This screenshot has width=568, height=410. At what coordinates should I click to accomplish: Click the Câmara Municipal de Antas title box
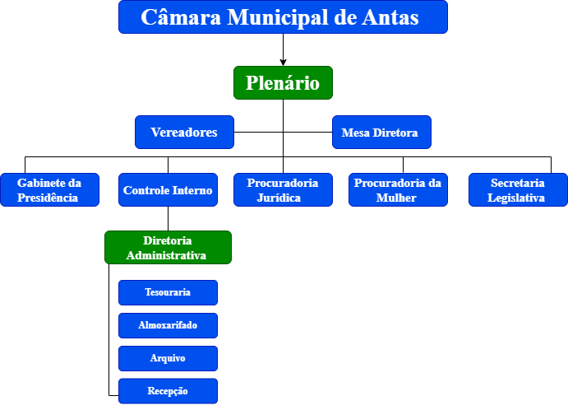coord(283,17)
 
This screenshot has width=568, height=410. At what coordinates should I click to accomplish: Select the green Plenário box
coord(283,82)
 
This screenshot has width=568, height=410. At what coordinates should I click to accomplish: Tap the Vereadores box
coord(184,132)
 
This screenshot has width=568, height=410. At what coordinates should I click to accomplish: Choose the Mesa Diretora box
coord(381,132)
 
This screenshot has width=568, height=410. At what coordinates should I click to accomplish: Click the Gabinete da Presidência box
coord(49,189)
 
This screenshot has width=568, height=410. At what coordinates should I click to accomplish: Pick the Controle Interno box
coord(168,189)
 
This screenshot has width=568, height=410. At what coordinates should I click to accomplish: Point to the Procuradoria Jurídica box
coord(283,189)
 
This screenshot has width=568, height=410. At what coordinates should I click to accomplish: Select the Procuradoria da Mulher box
coord(398,189)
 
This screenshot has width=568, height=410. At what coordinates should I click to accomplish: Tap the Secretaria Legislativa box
coord(518,189)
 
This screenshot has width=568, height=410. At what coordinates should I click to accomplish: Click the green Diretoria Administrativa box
coord(168,248)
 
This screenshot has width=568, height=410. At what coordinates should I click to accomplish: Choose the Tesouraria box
coord(168,292)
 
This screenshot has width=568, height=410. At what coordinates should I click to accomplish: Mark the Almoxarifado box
coord(168,325)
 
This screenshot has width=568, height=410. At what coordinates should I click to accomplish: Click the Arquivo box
coord(168,358)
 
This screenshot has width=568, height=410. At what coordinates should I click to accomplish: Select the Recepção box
coord(168,391)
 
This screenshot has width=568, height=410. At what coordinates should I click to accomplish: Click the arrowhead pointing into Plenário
coord(283,63)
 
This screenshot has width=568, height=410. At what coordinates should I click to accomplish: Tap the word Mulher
coord(396,198)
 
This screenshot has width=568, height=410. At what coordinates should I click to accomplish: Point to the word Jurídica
coord(279,198)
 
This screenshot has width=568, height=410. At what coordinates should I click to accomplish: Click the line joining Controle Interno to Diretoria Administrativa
coord(168,218)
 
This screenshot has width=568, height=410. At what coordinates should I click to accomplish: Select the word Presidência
coord(48,198)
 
